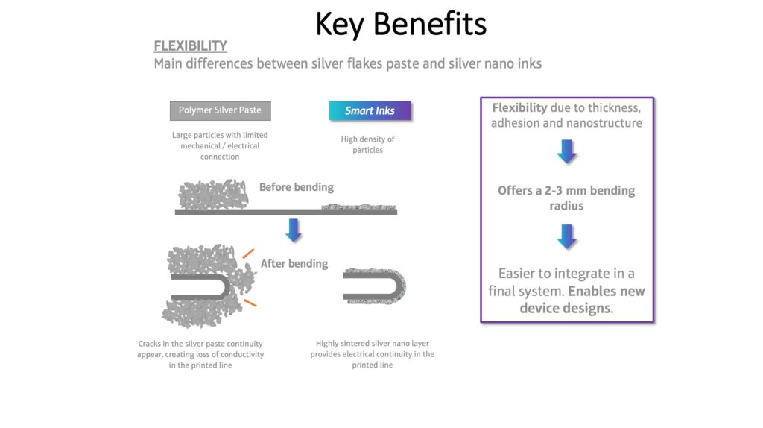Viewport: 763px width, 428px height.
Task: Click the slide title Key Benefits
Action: (400, 25)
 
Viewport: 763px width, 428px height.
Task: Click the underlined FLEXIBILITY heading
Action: (190, 45)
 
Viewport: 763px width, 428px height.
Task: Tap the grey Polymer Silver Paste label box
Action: (220, 110)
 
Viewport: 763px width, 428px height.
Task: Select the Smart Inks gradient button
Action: (370, 110)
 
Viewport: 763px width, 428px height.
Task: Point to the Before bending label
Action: (297, 187)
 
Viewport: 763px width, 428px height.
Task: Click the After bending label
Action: (294, 264)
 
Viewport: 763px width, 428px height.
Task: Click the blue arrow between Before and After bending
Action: (294, 230)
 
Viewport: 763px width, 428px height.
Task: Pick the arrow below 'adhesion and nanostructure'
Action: (566, 151)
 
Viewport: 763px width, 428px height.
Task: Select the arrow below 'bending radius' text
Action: (566, 236)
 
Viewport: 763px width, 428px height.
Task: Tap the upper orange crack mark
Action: (248, 254)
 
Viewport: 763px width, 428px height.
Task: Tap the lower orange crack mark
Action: (250, 303)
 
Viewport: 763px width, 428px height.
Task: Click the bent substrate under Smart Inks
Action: (376, 286)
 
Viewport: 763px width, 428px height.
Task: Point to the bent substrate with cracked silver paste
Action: (200, 287)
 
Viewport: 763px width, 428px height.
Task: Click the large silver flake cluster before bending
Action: (213, 195)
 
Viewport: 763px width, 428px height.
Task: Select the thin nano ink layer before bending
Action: (358, 207)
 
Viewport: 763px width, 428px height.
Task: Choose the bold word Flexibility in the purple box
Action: (519, 107)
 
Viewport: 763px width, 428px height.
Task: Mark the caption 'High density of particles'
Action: (368, 145)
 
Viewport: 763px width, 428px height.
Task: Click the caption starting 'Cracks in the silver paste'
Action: (200, 354)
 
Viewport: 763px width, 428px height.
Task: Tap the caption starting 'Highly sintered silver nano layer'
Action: (373, 354)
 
